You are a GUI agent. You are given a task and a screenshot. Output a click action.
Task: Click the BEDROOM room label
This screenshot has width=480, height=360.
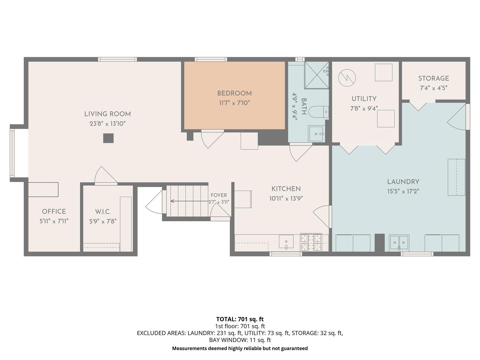234,93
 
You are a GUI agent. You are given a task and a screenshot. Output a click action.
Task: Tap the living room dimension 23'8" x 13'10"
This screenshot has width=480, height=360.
108,124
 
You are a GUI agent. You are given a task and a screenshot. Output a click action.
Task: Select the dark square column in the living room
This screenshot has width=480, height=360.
108,138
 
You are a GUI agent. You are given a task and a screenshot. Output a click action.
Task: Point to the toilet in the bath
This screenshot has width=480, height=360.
319,112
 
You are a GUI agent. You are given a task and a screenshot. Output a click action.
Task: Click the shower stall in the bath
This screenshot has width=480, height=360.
317,75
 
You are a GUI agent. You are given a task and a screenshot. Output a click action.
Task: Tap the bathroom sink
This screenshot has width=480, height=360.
316,134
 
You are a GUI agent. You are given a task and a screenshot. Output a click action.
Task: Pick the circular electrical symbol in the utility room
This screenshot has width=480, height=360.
347,78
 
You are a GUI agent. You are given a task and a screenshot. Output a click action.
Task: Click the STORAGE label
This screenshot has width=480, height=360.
434,78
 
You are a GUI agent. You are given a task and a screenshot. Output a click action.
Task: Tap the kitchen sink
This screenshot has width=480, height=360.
286,242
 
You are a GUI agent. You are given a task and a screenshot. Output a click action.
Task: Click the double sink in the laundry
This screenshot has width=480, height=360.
399,243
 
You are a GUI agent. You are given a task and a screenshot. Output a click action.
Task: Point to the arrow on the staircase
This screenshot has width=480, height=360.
189,201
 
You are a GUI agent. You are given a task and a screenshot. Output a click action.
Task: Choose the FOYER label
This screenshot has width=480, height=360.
219,195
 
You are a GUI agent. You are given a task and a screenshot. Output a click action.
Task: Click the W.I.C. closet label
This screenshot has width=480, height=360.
103,212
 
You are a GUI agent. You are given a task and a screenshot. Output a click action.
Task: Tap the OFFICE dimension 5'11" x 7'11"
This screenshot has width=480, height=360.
54,221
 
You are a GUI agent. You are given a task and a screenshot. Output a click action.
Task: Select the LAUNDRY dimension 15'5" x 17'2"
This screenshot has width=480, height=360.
403,191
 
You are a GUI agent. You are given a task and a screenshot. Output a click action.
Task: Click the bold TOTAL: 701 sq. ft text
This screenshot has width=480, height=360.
240,319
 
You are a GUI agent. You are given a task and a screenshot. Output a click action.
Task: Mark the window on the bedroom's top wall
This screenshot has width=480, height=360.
211,59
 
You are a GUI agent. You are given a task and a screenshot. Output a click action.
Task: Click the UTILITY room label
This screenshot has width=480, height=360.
364,99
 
